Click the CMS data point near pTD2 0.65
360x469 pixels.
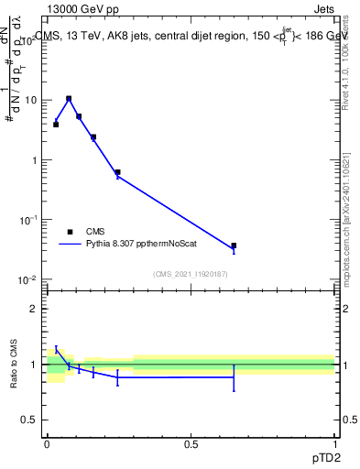pyautogui.click(x=234, y=245)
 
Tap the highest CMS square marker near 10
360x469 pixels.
pyautogui.click(x=69, y=98)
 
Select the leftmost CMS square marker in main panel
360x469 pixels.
pyautogui.click(x=56, y=124)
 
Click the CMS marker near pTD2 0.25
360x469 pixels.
pyautogui.click(x=117, y=172)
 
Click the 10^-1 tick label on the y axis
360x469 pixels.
pyautogui.click(x=30, y=220)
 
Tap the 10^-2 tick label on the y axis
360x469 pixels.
pyautogui.click(x=30, y=279)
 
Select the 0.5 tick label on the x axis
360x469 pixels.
pyautogui.click(x=191, y=444)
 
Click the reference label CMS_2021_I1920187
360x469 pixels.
pyautogui.click(x=191, y=274)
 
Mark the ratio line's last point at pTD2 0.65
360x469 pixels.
pyautogui.click(x=234, y=377)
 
